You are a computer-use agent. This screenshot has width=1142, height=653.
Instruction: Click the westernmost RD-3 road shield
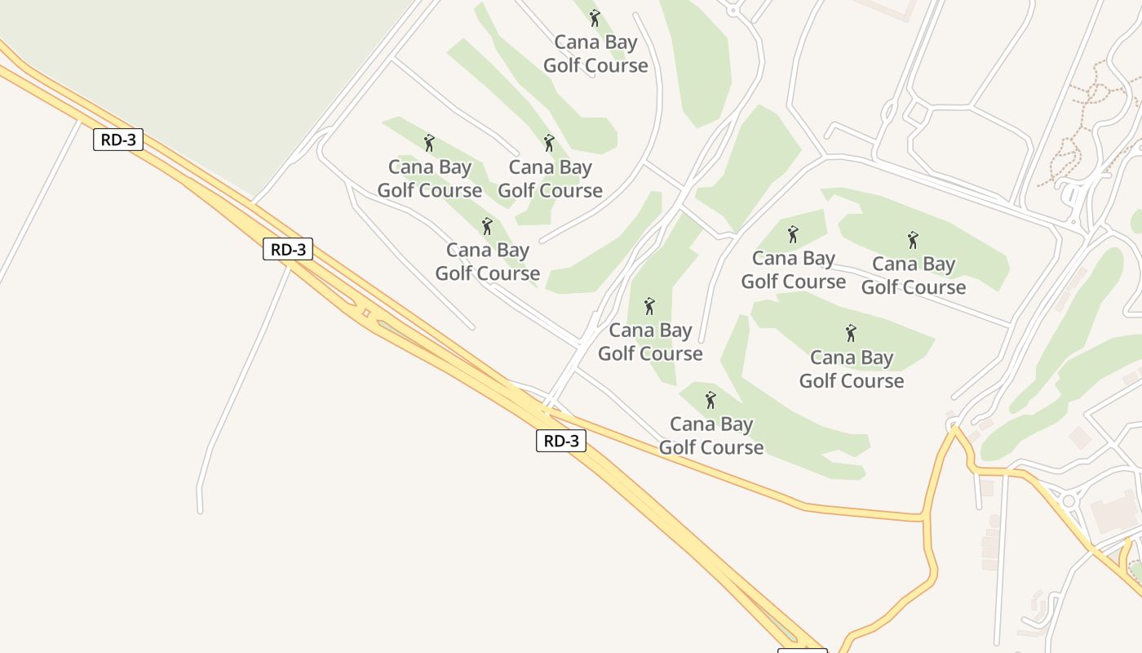click(118, 140)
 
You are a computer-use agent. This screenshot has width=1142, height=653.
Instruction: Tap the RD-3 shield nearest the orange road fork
click(561, 441)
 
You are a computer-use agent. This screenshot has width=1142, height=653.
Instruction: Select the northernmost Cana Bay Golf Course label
click(595, 54)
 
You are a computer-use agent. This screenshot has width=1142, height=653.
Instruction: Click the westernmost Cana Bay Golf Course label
click(430, 179)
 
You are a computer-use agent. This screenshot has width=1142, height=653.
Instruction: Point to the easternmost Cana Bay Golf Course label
click(914, 275)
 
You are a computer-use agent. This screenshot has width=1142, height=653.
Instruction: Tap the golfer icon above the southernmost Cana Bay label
click(710, 400)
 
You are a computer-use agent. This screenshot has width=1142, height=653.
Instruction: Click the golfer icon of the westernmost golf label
click(429, 143)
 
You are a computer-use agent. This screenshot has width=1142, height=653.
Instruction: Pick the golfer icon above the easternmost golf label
click(913, 240)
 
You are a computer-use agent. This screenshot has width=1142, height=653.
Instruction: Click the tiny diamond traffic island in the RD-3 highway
click(366, 313)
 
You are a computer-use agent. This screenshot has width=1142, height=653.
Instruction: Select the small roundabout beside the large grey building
click(1068, 500)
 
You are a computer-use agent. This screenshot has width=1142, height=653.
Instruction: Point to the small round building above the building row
click(994, 520)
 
